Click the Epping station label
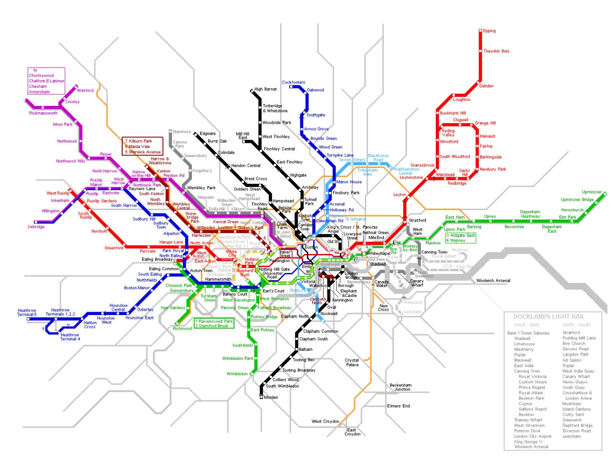click(x=489, y=31)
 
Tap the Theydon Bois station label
click(x=496, y=51)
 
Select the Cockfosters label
click(x=293, y=83)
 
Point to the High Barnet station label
click(x=265, y=89)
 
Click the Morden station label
click(x=271, y=397)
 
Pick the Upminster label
click(x=591, y=192)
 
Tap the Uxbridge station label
click(x=36, y=227)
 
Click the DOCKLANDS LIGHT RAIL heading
click(x=548, y=316)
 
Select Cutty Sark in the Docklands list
click(x=573, y=414)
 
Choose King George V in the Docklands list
click(x=528, y=442)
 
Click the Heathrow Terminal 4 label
click(x=70, y=337)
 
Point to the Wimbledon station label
click(x=237, y=374)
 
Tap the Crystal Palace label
click(x=352, y=362)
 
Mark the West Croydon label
click(x=325, y=422)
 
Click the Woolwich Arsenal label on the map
click(x=493, y=281)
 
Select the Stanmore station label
click(x=181, y=132)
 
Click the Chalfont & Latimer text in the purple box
click(x=46, y=81)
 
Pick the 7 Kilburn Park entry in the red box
click(x=138, y=141)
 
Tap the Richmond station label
click(x=182, y=328)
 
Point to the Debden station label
click(x=486, y=86)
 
